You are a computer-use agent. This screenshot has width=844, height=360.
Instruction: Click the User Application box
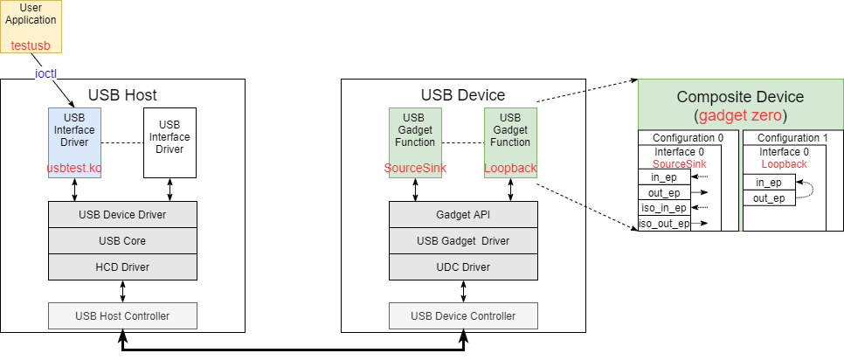(31, 25)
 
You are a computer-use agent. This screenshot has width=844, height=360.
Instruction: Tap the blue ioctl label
(45, 73)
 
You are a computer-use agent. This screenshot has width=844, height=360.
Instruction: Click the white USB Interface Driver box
(169, 142)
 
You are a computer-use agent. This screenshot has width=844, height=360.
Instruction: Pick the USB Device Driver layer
(122, 214)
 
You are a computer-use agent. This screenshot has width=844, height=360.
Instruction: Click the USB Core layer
(122, 240)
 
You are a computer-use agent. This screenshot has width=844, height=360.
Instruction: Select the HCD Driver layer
(122, 267)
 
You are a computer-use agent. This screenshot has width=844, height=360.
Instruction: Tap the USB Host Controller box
(122, 315)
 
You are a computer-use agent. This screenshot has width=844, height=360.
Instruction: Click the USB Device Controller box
(463, 315)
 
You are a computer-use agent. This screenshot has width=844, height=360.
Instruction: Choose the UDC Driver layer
(463, 267)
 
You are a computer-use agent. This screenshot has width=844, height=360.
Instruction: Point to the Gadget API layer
(463, 214)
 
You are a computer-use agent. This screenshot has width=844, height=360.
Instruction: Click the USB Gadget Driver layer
(463, 240)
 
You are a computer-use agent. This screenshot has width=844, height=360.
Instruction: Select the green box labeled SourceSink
(414, 142)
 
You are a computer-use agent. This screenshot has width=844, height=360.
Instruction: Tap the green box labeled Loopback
(510, 142)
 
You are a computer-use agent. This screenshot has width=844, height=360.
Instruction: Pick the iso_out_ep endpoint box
(664, 224)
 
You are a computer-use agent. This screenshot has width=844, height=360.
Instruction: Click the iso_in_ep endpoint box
(664, 208)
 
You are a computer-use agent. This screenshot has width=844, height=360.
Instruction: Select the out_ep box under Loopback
(769, 198)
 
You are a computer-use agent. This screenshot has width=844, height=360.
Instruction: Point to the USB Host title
(122, 94)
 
